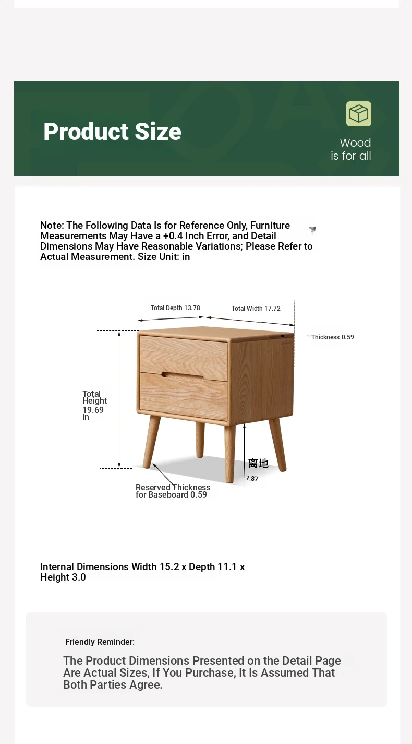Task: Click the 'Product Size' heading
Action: (x=112, y=132)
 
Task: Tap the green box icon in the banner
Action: (x=359, y=114)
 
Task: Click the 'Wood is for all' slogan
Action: (x=351, y=149)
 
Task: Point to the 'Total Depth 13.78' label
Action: (x=175, y=308)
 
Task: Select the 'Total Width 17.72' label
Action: (x=256, y=309)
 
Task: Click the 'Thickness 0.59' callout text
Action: (x=333, y=337)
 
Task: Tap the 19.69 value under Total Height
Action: (x=93, y=410)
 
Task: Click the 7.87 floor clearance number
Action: (x=252, y=478)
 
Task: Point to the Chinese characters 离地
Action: (x=258, y=464)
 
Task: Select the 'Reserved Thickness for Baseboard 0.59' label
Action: (x=172, y=491)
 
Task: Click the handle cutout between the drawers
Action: (x=183, y=375)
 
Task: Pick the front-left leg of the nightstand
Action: (x=151, y=441)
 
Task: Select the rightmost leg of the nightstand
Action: (x=277, y=444)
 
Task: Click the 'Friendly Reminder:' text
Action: (x=100, y=642)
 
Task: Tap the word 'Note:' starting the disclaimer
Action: (x=52, y=226)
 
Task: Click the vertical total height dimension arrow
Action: (x=119, y=399)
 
